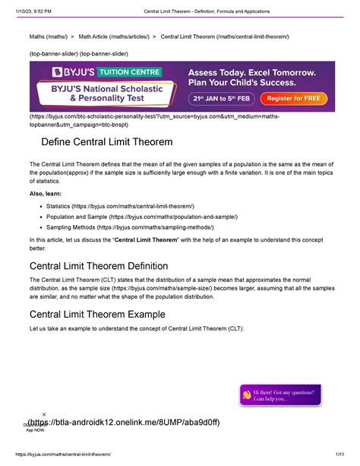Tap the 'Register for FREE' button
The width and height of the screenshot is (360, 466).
tap(290, 99)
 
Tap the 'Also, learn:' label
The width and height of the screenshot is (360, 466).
tap(45, 193)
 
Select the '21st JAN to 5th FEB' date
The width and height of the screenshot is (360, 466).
tap(220, 99)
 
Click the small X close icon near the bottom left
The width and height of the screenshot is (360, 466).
tap(44, 414)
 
